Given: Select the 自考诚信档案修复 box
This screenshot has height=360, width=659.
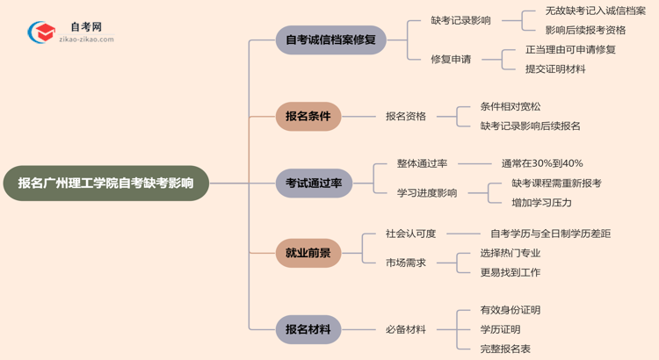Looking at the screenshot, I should pyautogui.click(x=330, y=40).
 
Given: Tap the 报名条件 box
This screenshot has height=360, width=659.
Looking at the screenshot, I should pyautogui.click(x=308, y=115).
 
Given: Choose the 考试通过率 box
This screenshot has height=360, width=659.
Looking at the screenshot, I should pyautogui.click(x=313, y=184).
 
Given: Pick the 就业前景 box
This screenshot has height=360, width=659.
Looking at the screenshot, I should pyautogui.click(x=308, y=253).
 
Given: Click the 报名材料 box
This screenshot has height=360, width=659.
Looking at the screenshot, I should pyautogui.click(x=308, y=329).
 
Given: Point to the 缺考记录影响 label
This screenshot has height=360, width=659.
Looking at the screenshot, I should pyautogui.click(x=460, y=20).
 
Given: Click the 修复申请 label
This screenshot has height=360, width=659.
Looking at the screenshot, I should pyautogui.click(x=451, y=59).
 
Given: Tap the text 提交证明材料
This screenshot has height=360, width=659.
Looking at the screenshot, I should pyautogui.click(x=555, y=68).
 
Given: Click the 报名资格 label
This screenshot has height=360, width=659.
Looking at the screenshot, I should pyautogui.click(x=406, y=115).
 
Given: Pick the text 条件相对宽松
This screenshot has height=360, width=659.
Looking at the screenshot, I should pyautogui.click(x=511, y=106).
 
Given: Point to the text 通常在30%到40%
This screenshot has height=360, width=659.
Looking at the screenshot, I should pyautogui.click(x=542, y=163).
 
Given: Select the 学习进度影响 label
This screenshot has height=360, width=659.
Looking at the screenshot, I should pyautogui.click(x=427, y=192).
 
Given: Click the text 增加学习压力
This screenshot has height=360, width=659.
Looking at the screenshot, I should pyautogui.click(x=542, y=202).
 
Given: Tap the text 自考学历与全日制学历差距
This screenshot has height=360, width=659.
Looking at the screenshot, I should pyautogui.click(x=550, y=234).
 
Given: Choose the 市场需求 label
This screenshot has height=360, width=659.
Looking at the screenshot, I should pyautogui.click(x=406, y=263).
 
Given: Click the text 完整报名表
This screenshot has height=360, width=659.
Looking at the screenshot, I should pyautogui.click(x=505, y=349).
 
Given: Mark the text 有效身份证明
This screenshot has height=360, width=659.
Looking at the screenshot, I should pyautogui.click(x=511, y=310).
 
